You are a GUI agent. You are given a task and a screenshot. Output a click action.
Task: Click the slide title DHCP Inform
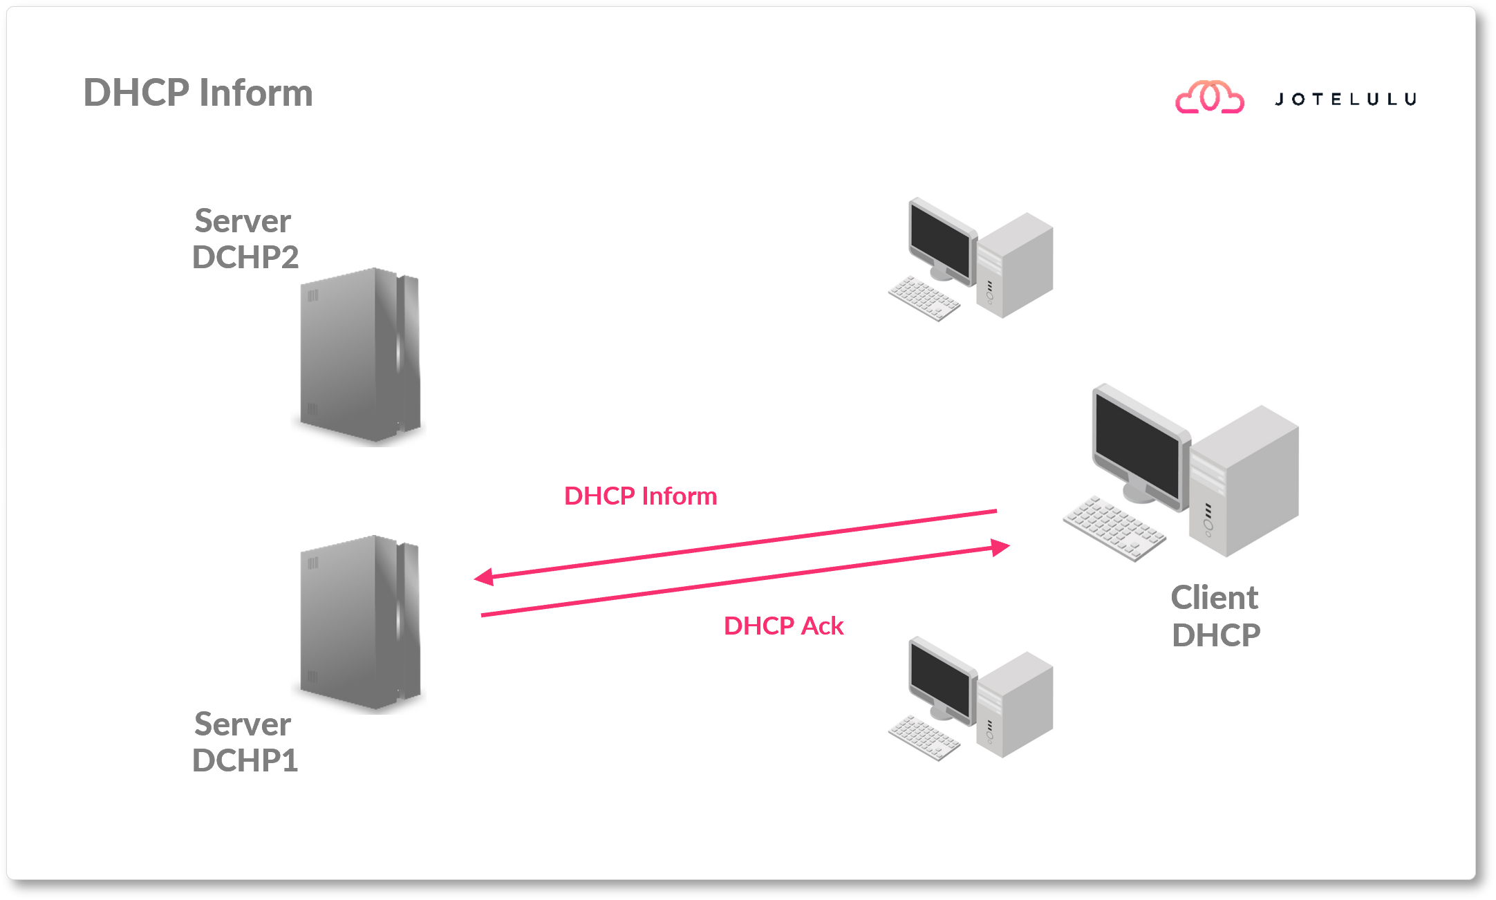click(x=198, y=93)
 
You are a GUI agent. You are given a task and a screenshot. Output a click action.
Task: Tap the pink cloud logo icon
click(x=1210, y=97)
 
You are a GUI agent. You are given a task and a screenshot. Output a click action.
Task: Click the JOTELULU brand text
click(x=1345, y=100)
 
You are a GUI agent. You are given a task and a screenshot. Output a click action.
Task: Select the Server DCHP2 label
click(x=244, y=239)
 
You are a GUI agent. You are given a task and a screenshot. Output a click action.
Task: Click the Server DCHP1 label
click(x=244, y=742)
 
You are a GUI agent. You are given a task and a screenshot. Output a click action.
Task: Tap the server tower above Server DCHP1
click(x=359, y=622)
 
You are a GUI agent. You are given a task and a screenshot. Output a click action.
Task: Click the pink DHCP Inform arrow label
click(x=640, y=496)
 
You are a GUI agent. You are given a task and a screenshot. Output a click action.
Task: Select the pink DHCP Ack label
click(x=783, y=626)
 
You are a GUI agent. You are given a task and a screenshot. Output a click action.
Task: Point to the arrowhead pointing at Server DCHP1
click(x=483, y=576)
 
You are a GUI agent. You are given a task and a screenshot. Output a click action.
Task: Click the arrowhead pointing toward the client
click(x=1000, y=547)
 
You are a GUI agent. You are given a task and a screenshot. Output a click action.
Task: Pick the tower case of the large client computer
click(x=1244, y=484)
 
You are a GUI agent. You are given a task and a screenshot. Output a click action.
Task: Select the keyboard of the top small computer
click(x=924, y=299)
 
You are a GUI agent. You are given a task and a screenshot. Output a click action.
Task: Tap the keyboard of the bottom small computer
click(x=924, y=738)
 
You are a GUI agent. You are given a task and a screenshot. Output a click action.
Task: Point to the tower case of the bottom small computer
click(x=1015, y=705)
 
